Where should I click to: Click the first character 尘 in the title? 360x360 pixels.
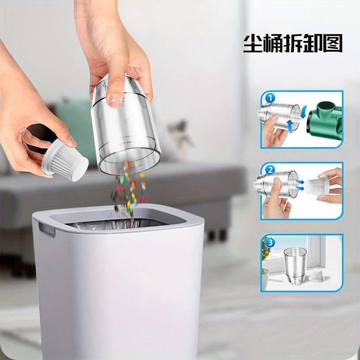pos(253,43)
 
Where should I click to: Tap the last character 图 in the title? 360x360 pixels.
pos(333,43)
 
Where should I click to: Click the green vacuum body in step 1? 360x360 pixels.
pos(326,120)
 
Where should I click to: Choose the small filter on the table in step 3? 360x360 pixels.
pos(317,276)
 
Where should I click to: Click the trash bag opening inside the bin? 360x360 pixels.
pos(117,225)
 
